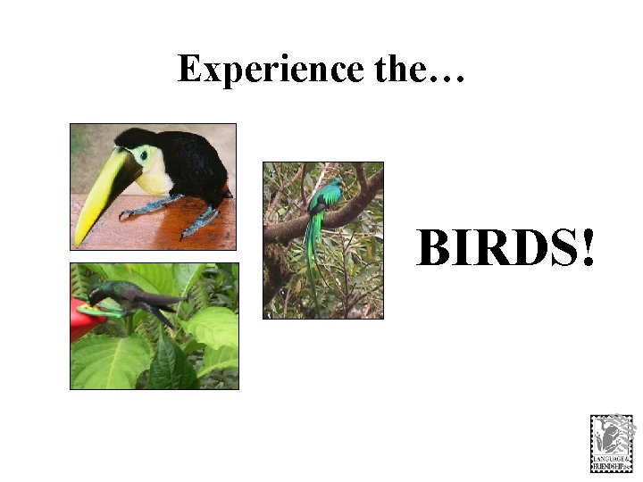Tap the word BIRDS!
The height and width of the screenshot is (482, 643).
coord(505,247)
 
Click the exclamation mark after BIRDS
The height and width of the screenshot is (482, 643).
coord(586,247)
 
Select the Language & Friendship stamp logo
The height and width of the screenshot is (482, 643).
coord(612,443)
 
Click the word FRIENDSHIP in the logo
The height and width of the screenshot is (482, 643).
coord(612,465)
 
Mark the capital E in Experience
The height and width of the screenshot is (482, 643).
coord(188,69)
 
